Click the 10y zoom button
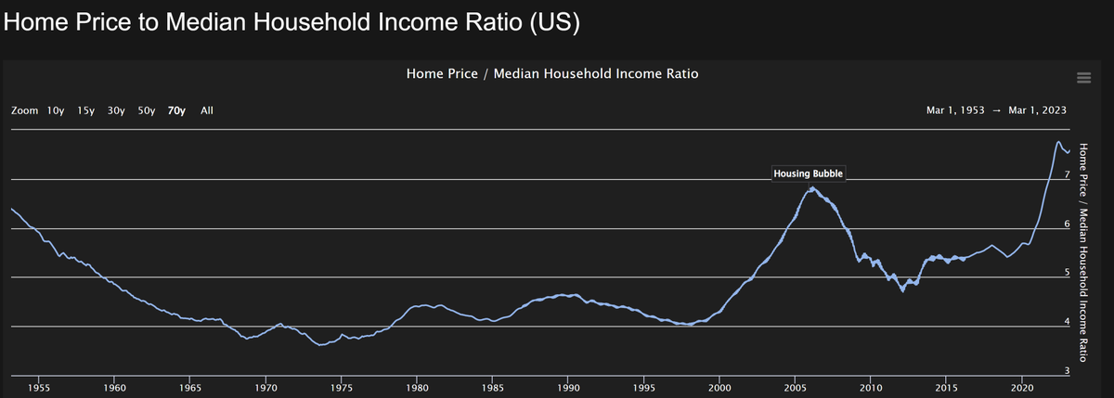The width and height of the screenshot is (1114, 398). pos(56,110)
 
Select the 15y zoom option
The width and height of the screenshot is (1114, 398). pos(86,110)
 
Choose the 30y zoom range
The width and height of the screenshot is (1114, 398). pos(116,110)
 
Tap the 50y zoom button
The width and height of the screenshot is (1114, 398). pos(146,110)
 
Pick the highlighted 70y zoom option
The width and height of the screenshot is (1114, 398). pos(176,110)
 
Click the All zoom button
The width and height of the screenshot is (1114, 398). pos(207,110)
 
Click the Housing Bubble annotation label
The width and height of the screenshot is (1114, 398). pos(809,174)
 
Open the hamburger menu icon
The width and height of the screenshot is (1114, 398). pos(1082,76)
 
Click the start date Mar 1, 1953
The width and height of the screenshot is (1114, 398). pos(955,110)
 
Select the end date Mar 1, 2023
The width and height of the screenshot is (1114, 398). pos(1037,110)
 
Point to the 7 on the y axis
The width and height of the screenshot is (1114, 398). pos(1067,174)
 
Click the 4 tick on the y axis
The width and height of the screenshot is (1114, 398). pos(1067,322)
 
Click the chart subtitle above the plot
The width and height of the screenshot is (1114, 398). pos(552,73)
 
